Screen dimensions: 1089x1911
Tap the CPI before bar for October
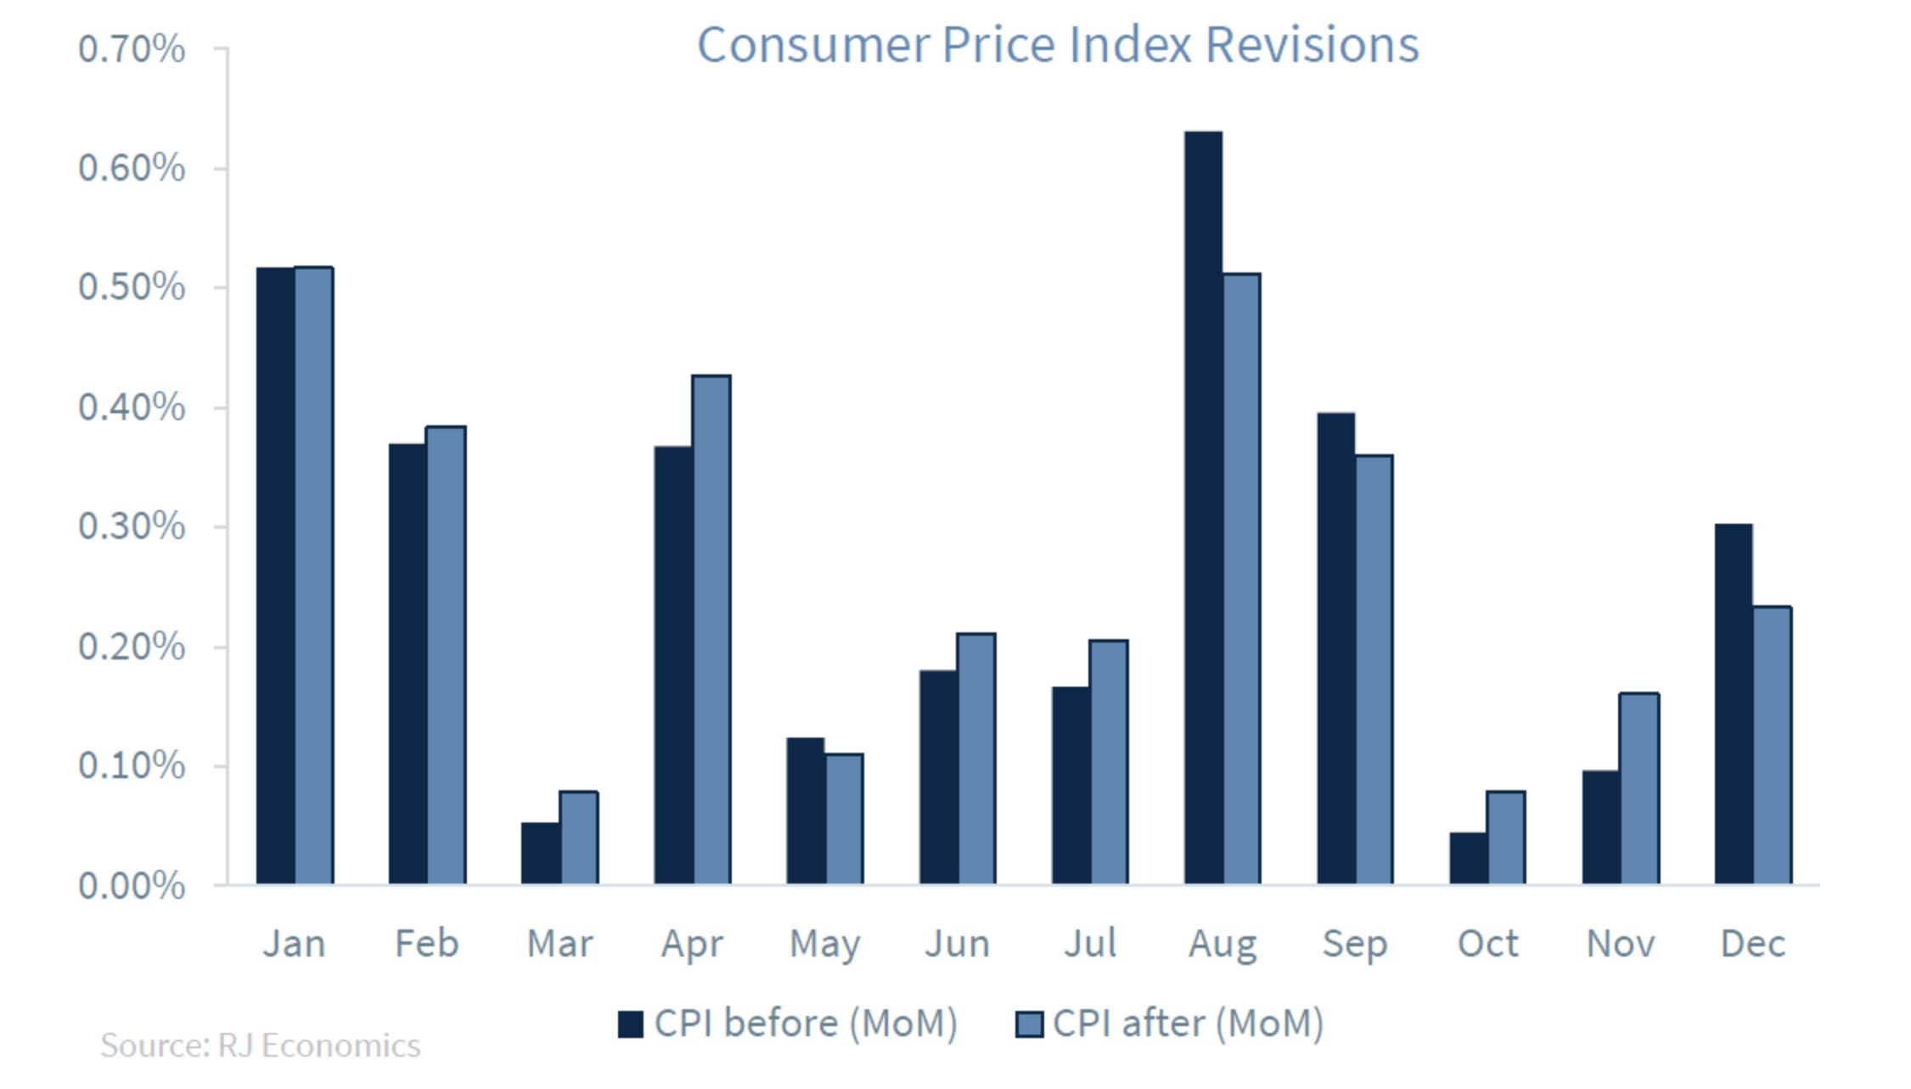(1469, 858)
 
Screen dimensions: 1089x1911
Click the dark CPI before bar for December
(1734, 704)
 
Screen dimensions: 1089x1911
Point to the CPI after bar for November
(1639, 789)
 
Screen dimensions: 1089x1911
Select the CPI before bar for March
(541, 853)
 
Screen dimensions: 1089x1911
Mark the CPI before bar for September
(1336, 648)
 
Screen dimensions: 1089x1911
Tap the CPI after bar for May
(844, 819)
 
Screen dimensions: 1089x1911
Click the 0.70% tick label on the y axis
(132, 49)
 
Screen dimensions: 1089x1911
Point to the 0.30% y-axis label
(132, 527)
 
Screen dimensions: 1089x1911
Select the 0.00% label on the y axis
(132, 886)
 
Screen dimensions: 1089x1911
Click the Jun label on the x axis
(958, 944)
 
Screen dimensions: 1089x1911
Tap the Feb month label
(427, 944)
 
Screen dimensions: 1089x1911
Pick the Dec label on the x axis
(1753, 944)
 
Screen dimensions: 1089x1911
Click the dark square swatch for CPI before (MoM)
(631, 1024)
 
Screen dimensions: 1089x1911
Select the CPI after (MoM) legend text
(1188, 1024)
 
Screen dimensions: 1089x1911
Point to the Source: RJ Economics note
(261, 1046)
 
